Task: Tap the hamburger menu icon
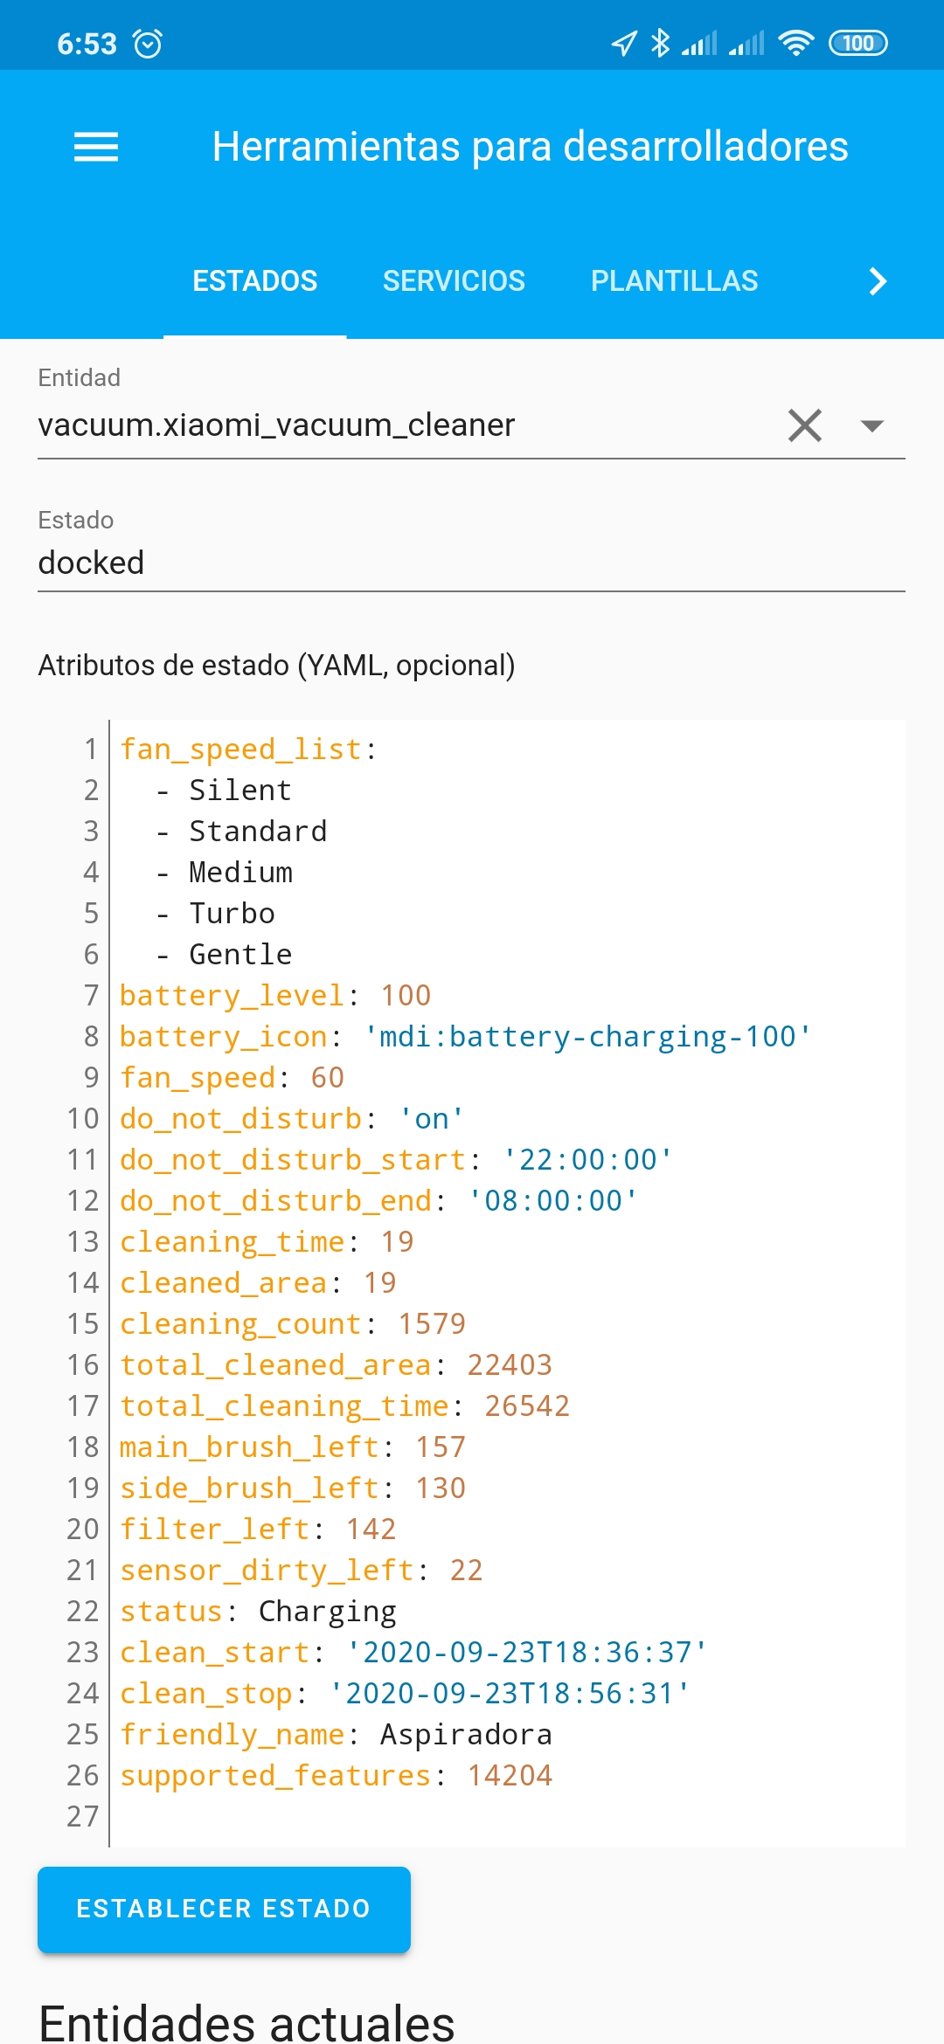tap(96, 147)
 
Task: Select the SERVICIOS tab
tap(454, 281)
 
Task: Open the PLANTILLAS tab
tap(674, 281)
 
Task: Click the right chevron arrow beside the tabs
tap(878, 281)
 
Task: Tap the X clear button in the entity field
tap(804, 425)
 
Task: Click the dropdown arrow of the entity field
tap(871, 425)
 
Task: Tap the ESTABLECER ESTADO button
tap(224, 1909)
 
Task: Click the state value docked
tap(91, 563)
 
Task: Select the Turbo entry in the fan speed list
tap(232, 914)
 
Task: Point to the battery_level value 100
tap(406, 996)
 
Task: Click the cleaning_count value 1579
tap(432, 1324)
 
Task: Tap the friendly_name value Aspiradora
tap(466, 1735)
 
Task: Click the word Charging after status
tap(327, 1612)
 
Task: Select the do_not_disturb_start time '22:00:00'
tap(587, 1160)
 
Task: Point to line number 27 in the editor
tap(83, 1817)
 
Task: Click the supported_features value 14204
tap(510, 1776)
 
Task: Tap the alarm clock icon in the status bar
tap(147, 43)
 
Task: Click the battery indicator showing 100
tap(857, 43)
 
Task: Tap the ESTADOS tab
tap(254, 281)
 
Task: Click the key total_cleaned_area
tap(275, 1365)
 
